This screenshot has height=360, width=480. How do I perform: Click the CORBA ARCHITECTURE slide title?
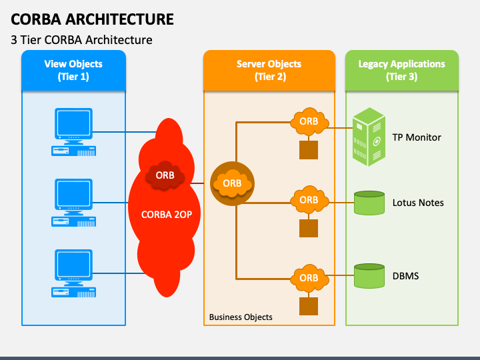click(x=93, y=19)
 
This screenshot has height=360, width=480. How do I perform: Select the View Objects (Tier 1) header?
click(x=73, y=70)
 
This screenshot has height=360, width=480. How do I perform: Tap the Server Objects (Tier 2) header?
click(x=269, y=70)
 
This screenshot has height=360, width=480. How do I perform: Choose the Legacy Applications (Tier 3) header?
click(x=401, y=70)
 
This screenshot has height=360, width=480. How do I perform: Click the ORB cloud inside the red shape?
click(x=165, y=175)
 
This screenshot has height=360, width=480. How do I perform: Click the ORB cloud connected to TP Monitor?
click(x=309, y=121)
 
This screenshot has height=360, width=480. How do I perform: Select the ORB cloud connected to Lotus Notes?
click(x=309, y=200)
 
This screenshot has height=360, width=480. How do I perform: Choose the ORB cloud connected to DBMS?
click(x=309, y=277)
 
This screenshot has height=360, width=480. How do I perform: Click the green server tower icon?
click(x=369, y=137)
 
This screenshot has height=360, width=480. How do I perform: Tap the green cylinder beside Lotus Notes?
click(x=369, y=203)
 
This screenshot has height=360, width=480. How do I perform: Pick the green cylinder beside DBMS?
click(x=369, y=275)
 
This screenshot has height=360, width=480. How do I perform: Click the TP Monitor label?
click(x=417, y=137)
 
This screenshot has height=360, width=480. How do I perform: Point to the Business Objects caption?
click(x=241, y=317)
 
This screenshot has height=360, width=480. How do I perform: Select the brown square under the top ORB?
click(x=309, y=150)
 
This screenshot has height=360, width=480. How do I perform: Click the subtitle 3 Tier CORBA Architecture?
click(x=81, y=40)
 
